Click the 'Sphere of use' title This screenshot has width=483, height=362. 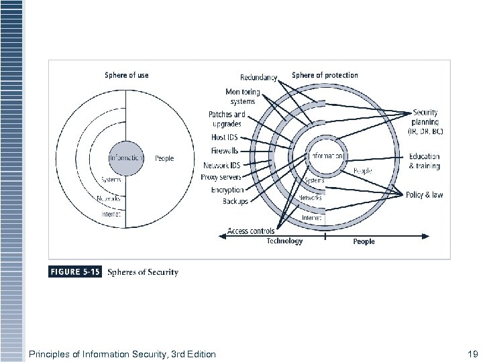(127, 75)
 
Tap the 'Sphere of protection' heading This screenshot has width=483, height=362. (325, 75)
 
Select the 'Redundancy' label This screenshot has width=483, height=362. (258, 78)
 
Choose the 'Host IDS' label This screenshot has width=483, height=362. (223, 137)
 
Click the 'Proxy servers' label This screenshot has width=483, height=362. (221, 177)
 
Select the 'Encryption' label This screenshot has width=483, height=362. (227, 190)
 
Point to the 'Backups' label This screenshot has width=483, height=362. (235, 201)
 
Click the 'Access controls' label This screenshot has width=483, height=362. (250, 231)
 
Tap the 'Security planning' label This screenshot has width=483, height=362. (427, 122)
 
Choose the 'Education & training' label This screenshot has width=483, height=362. (425, 161)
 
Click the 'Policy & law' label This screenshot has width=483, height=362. (424, 195)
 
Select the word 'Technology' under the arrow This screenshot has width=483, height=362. (284, 241)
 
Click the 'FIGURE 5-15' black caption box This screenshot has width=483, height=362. (74, 272)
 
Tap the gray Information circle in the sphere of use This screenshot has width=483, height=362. (125, 158)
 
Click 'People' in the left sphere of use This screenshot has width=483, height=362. (164, 158)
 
